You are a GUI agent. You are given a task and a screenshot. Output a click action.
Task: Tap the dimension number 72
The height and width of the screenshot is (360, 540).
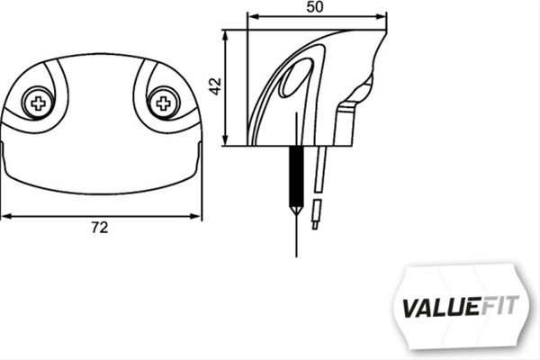pyautogui.click(x=101, y=229)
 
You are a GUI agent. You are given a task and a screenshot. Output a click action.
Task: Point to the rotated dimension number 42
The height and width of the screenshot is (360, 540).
pyautogui.click(x=214, y=87)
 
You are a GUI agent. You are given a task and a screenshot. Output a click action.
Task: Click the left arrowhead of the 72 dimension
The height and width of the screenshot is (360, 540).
pyautogui.click(x=5, y=216)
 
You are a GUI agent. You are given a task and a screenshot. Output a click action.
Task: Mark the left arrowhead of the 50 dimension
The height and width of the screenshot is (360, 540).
pyautogui.click(x=251, y=16)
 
